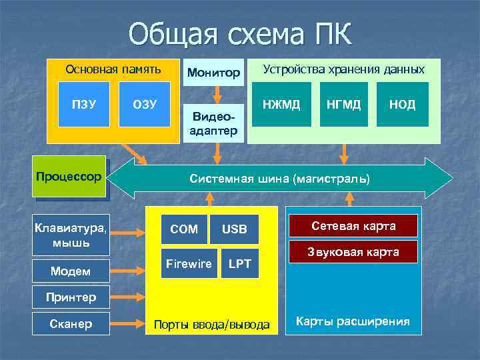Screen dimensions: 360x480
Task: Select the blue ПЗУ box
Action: click(84, 104)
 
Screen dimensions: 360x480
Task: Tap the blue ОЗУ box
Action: click(145, 104)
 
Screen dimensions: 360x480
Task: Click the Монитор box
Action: click(214, 72)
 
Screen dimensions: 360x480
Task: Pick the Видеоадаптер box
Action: click(214, 123)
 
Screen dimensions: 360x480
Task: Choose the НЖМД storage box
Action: click(281, 104)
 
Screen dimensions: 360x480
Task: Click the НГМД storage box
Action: click(344, 104)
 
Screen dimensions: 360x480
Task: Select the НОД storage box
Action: click(402, 104)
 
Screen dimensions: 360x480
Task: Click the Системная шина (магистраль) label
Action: click(279, 179)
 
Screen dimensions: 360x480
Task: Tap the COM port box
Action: click(184, 229)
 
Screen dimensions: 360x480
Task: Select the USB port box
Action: click(234, 229)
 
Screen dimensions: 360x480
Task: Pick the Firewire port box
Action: click(188, 264)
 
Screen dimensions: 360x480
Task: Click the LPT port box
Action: click(239, 264)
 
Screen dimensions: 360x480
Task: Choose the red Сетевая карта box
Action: click(353, 226)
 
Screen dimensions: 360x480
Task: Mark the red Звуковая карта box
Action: click(353, 252)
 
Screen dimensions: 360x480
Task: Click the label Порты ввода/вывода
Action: click(212, 325)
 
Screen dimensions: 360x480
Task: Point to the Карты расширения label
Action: click(353, 321)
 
